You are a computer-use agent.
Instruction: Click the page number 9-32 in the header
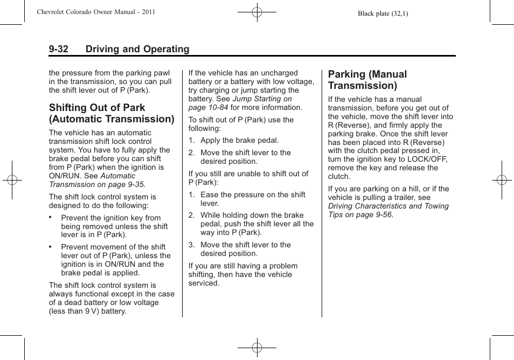click(x=58, y=49)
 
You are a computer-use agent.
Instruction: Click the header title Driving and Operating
click(x=137, y=49)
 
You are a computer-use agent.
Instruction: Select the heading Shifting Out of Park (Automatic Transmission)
click(x=112, y=113)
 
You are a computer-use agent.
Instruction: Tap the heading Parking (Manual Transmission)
click(x=367, y=80)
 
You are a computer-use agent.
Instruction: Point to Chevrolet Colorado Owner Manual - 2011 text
click(x=96, y=12)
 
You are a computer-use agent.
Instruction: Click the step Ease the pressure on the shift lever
click(x=252, y=199)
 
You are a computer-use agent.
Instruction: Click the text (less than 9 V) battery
click(x=87, y=311)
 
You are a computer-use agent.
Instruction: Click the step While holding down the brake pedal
click(x=256, y=224)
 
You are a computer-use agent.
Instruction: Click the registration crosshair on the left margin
click(x=12, y=180)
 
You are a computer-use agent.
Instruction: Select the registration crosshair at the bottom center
click(x=257, y=348)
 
